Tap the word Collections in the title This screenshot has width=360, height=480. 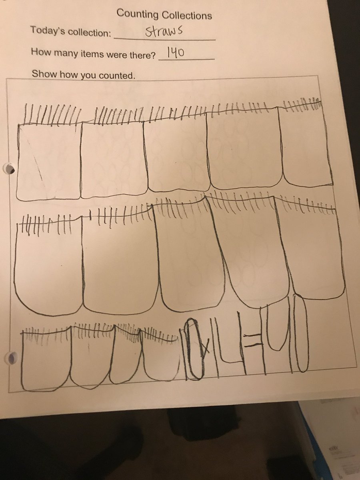pyautogui.click(x=187, y=16)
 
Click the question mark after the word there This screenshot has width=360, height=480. pyautogui.click(x=154, y=54)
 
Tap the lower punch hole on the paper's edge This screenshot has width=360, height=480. pyautogui.click(x=12, y=356)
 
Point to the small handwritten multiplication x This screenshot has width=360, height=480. pyautogui.click(x=205, y=350)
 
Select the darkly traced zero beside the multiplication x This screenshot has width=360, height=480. pyautogui.click(x=193, y=349)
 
